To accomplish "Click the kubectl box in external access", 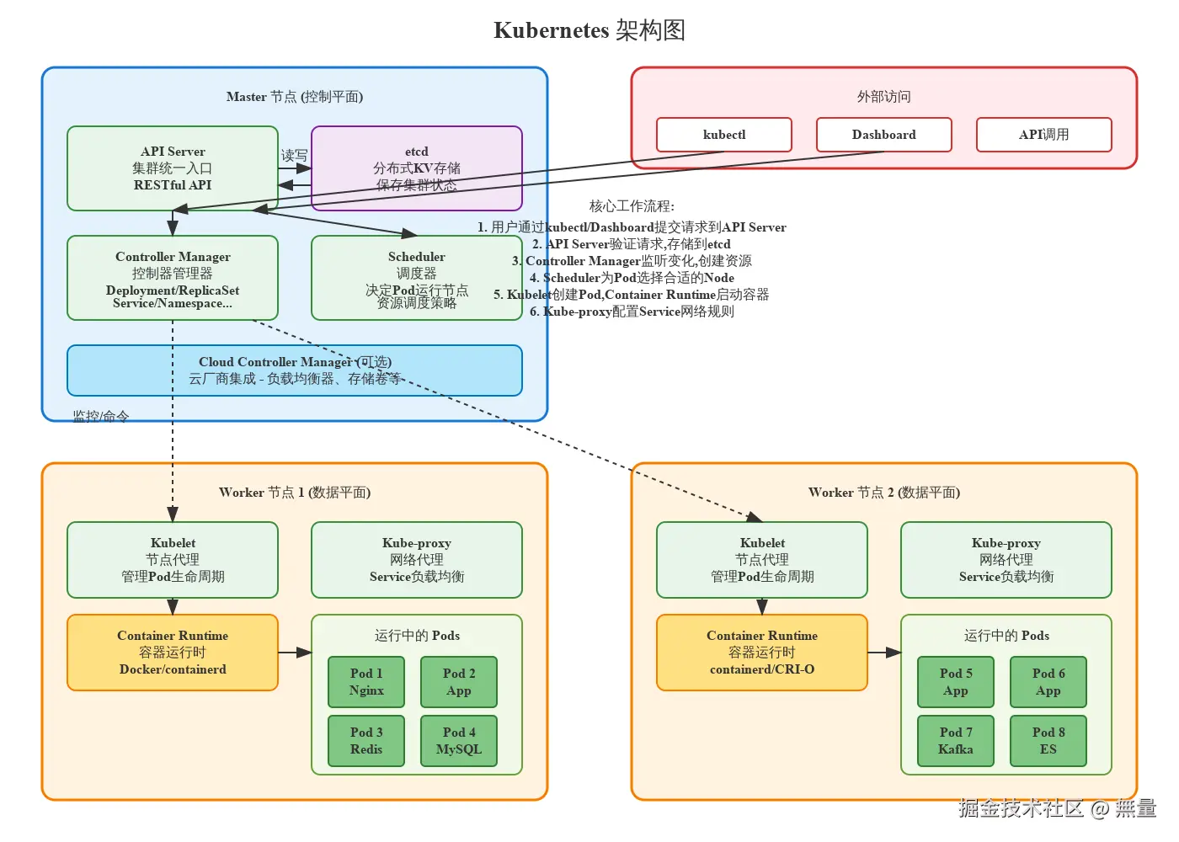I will click(x=724, y=135).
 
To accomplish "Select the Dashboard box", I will click(x=883, y=135).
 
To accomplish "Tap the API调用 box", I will click(x=1043, y=135).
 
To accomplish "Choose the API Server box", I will click(x=173, y=168).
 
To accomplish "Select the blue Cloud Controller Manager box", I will click(x=295, y=370).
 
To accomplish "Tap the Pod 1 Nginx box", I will click(x=366, y=682).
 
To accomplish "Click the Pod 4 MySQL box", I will click(x=459, y=741).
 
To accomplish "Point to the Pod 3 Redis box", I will click(x=366, y=741).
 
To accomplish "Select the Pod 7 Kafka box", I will click(x=956, y=741).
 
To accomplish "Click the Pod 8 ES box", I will click(x=1048, y=741).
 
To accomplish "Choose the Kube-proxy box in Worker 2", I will click(x=1006, y=560).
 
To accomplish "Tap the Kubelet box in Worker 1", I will click(x=173, y=560).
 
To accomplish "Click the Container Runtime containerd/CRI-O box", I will click(x=762, y=653).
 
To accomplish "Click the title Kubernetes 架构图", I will click(x=589, y=30).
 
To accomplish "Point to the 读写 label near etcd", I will click(x=294, y=156).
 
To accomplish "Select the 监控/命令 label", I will click(x=101, y=416).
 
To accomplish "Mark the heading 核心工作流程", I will click(x=632, y=206).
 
